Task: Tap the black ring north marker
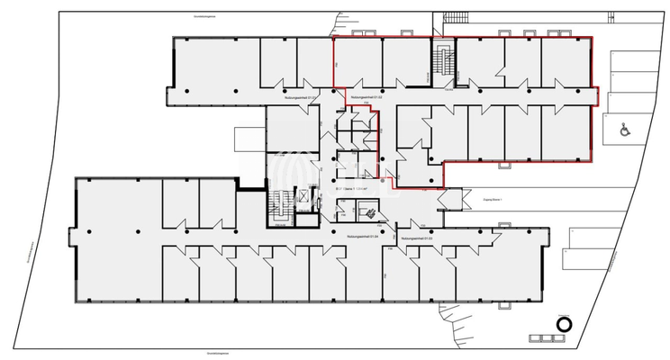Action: (565, 325)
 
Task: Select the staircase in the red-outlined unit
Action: (441, 61)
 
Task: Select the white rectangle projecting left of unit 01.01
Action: (248, 139)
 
